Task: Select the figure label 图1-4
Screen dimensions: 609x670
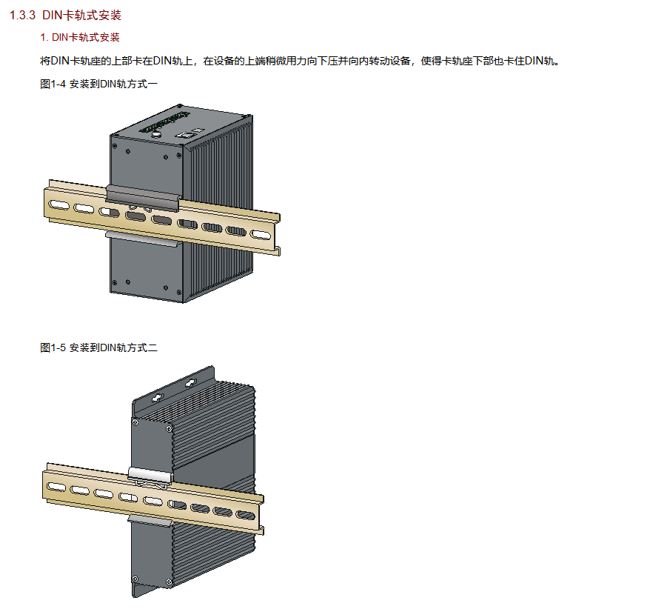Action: [53, 84]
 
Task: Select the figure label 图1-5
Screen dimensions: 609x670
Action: [53, 347]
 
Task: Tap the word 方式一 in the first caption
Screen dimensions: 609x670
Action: [144, 84]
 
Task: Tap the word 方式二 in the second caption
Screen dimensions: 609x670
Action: [144, 347]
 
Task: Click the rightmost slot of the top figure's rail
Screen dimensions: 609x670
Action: [261, 234]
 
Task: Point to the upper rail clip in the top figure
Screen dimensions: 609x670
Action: [143, 195]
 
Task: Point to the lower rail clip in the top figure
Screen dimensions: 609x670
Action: [141, 236]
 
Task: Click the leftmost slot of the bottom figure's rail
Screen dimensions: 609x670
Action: [55, 485]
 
